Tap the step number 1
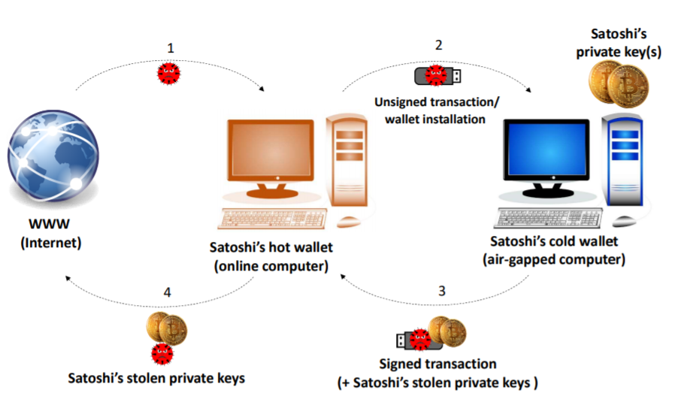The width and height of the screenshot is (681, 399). pos(171,48)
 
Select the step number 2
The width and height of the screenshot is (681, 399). pos(439,45)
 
